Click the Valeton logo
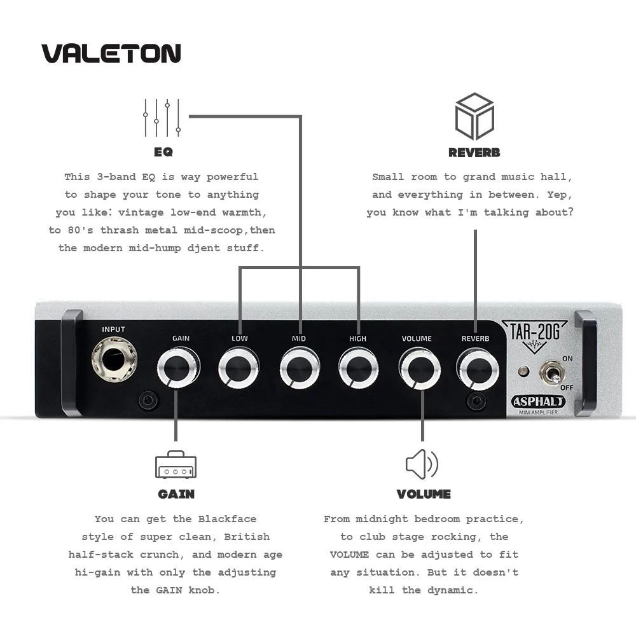click(111, 53)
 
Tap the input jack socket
click(113, 359)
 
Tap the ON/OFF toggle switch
click(551, 371)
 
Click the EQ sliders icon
click(162, 118)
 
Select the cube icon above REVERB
click(474, 116)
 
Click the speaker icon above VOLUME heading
click(422, 464)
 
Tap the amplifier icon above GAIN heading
click(176, 466)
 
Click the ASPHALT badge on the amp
click(538, 401)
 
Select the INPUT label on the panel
click(114, 329)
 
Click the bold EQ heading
click(163, 153)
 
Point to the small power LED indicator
click(524, 371)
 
